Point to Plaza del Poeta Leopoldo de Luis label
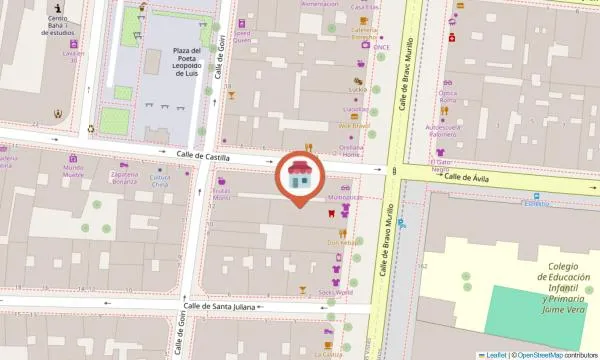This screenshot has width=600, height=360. pyautogui.click(x=186, y=62)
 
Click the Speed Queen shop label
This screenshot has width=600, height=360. pyautogui.click(x=243, y=37)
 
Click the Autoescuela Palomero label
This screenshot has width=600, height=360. pyautogui.click(x=449, y=130)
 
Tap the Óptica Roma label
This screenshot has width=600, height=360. pyautogui.click(x=447, y=97)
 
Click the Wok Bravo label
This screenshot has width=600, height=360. pyautogui.click(x=354, y=126)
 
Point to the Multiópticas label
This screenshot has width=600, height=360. pyautogui.click(x=345, y=198)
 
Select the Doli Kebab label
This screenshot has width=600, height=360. pyautogui.click(x=344, y=241)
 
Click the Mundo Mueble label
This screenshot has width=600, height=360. pyautogui.click(x=73, y=171)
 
